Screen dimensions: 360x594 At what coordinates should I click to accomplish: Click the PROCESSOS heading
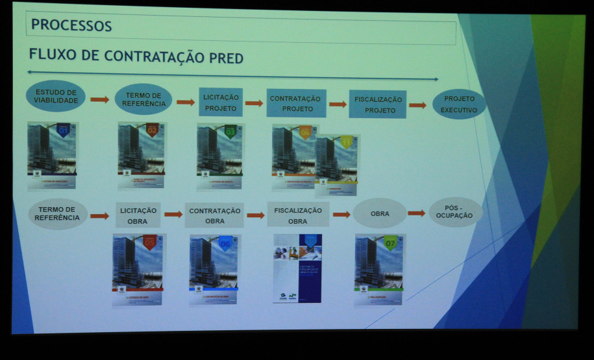coord(71,26)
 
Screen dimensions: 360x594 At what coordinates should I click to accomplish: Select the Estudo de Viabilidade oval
coord(56,96)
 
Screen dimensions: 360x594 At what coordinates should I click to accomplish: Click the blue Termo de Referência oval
coord(143,99)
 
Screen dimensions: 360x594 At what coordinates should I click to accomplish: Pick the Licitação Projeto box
coord(221,102)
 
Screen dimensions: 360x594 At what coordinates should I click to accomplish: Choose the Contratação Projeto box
coord(296,103)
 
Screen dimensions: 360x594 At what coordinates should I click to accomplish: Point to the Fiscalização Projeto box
coord(377,104)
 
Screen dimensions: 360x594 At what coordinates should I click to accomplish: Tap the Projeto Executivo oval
coord(459,104)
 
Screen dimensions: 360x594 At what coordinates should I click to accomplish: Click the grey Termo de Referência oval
coord(56,213)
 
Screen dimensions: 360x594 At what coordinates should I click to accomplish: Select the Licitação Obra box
coord(138,215)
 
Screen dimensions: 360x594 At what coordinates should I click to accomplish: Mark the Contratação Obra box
coord(214,215)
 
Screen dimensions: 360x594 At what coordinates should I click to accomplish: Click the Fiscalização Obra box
coord(297,215)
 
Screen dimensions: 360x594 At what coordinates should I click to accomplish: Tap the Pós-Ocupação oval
coord(455,211)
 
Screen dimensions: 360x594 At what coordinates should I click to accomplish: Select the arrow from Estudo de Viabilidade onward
coord(99,99)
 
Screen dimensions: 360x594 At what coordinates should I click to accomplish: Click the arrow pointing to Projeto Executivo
coord(417,104)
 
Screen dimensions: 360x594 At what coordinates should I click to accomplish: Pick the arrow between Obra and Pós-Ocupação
coord(416,213)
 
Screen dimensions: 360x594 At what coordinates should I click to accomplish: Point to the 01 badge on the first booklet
coord(64,130)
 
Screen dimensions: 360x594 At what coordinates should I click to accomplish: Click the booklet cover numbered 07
coord(379,269)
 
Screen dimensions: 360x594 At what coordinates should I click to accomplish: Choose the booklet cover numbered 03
coord(219,156)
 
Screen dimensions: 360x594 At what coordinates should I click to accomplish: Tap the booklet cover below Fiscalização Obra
coord(297,268)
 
